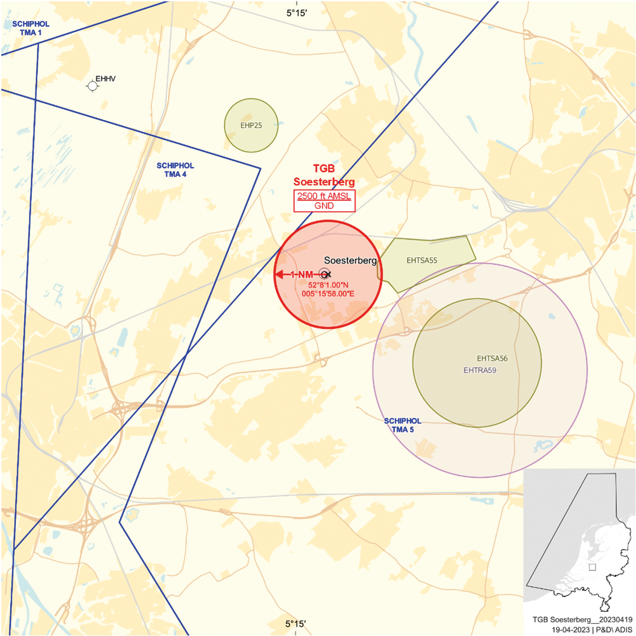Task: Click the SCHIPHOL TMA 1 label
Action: (30, 28)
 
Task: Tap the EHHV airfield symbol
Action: (92, 85)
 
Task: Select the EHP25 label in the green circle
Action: (251, 125)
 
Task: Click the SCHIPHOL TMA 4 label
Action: (175, 170)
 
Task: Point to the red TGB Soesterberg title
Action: (324, 175)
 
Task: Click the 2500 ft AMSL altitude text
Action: (324, 196)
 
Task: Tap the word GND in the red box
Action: (324, 206)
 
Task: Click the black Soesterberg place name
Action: (350, 260)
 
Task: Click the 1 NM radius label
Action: (302, 274)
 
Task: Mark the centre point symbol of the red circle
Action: (325, 274)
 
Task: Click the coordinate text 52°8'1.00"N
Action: (328, 285)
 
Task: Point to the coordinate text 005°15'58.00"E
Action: (328, 294)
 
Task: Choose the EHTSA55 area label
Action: (422, 260)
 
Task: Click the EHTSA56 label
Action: (492, 359)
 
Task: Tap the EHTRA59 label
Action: (480, 370)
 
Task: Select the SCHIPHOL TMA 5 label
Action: (402, 425)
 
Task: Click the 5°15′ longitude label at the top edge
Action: (297, 13)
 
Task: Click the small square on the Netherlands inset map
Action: (592, 567)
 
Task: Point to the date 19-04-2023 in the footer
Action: (570, 630)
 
